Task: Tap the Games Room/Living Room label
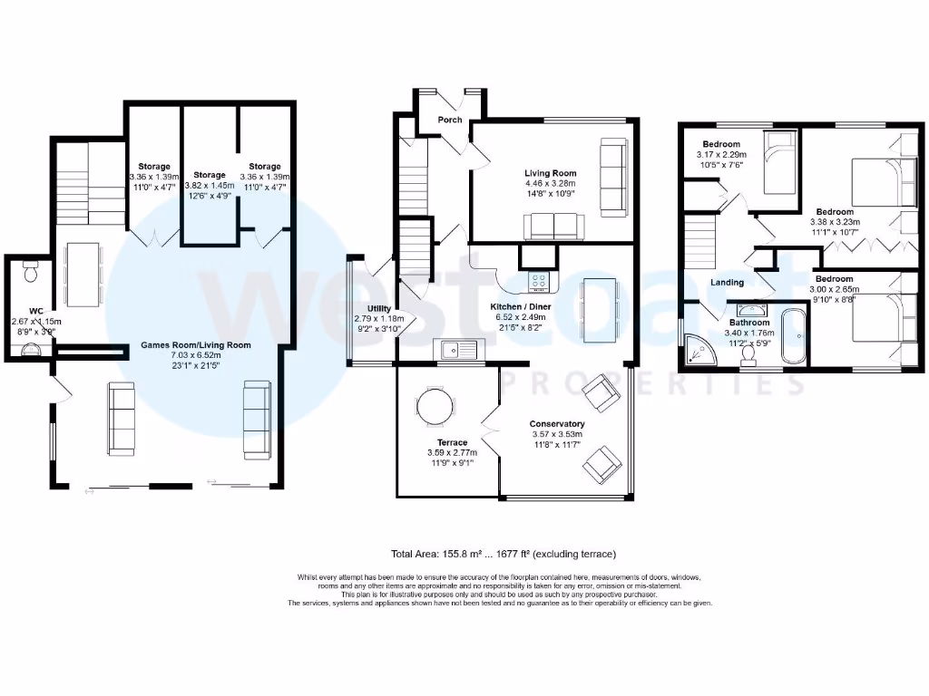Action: click(195, 345)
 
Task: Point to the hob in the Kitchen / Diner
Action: click(539, 282)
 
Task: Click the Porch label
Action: click(449, 120)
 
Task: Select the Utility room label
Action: click(379, 309)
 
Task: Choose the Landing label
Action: click(727, 283)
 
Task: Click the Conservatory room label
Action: click(558, 423)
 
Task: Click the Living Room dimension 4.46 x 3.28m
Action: click(550, 183)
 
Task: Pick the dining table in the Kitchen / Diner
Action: click(596, 311)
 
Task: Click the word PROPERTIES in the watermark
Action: click(652, 383)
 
